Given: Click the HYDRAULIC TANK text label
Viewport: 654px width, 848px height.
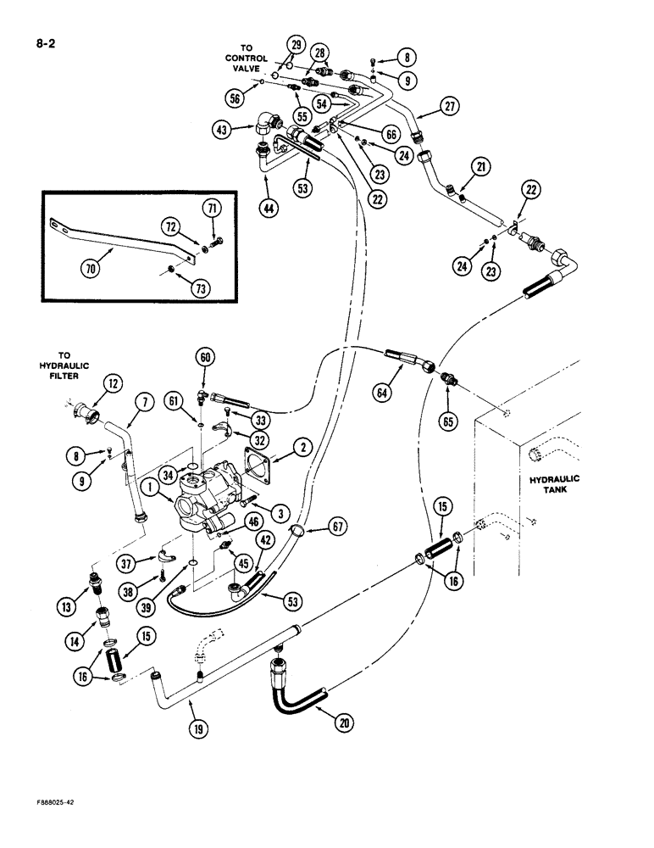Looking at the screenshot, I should (x=551, y=483).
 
